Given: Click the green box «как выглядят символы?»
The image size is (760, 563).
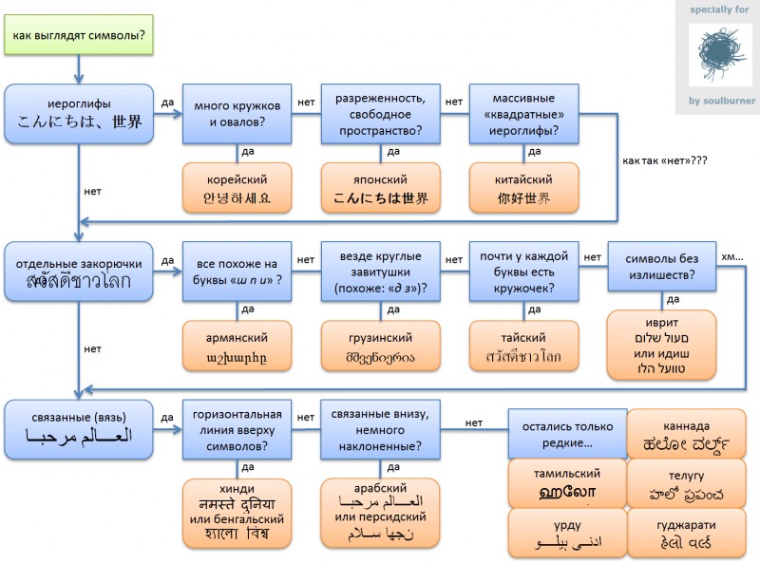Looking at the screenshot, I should [x=79, y=36].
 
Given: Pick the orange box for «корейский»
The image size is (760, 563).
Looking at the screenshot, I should [x=237, y=189].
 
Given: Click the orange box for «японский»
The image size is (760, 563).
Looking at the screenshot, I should [x=381, y=189].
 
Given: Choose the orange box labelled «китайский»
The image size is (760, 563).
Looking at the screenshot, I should [x=523, y=189].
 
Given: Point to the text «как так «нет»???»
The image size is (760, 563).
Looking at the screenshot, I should [x=665, y=160].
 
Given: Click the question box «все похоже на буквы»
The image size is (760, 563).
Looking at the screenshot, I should [x=237, y=272].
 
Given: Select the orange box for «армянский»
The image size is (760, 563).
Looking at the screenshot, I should [x=237, y=347].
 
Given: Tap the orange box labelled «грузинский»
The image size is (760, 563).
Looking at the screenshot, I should [x=381, y=347].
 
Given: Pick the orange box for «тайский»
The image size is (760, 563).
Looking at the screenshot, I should [x=523, y=347].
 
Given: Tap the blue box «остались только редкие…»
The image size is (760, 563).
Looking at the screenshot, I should [x=567, y=432].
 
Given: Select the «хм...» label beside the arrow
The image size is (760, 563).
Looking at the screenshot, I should [x=733, y=256].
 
